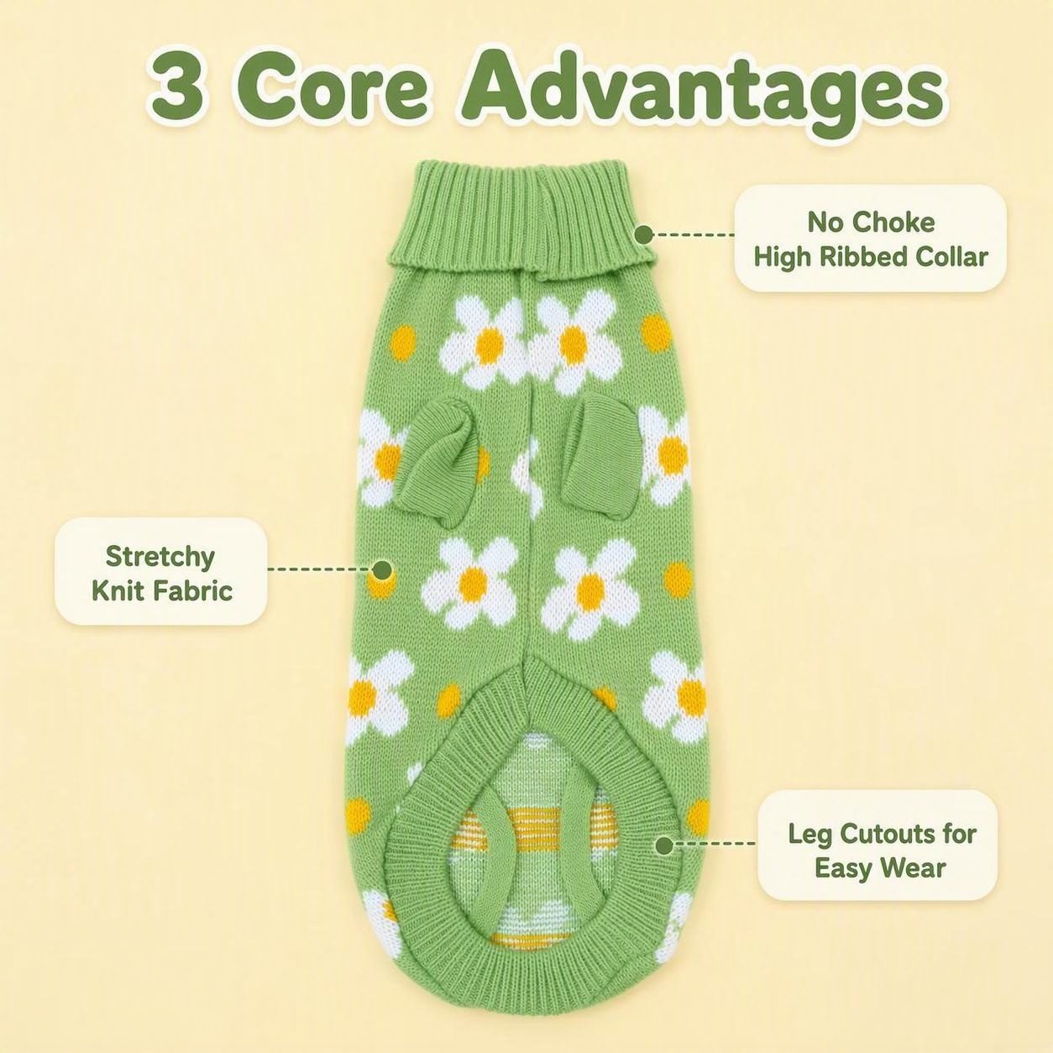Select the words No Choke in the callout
[x=871, y=223]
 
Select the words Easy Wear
[x=880, y=869]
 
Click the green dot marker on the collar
[x=645, y=234]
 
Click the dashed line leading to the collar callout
[x=694, y=234]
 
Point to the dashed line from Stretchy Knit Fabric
[x=320, y=568]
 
